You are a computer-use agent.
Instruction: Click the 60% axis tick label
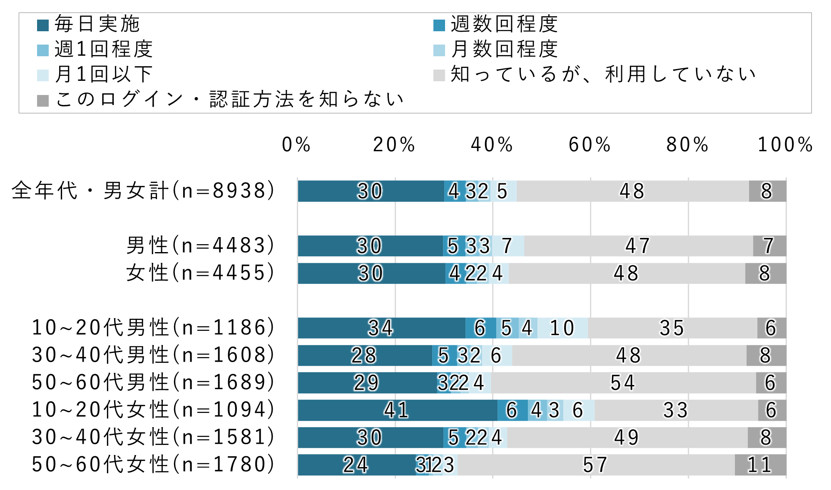[590, 145]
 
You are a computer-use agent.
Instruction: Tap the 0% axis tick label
[296, 145]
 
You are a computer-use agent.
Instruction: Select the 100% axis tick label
[785, 145]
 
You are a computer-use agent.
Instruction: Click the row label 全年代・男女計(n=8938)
[143, 191]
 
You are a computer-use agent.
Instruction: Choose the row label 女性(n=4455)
[200, 273]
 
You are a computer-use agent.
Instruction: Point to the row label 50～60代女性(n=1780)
[153, 464]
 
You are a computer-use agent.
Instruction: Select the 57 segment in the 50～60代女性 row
[595, 465]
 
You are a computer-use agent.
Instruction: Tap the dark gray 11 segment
[760, 465]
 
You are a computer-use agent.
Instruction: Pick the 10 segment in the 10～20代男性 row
[562, 328]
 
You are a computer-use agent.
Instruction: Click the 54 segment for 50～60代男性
[623, 382]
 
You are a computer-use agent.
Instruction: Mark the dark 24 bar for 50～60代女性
[356, 465]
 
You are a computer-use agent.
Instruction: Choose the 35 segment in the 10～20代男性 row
[672, 328]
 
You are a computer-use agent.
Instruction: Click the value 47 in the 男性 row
[638, 246]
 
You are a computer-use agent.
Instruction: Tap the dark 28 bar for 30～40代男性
[364, 355]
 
